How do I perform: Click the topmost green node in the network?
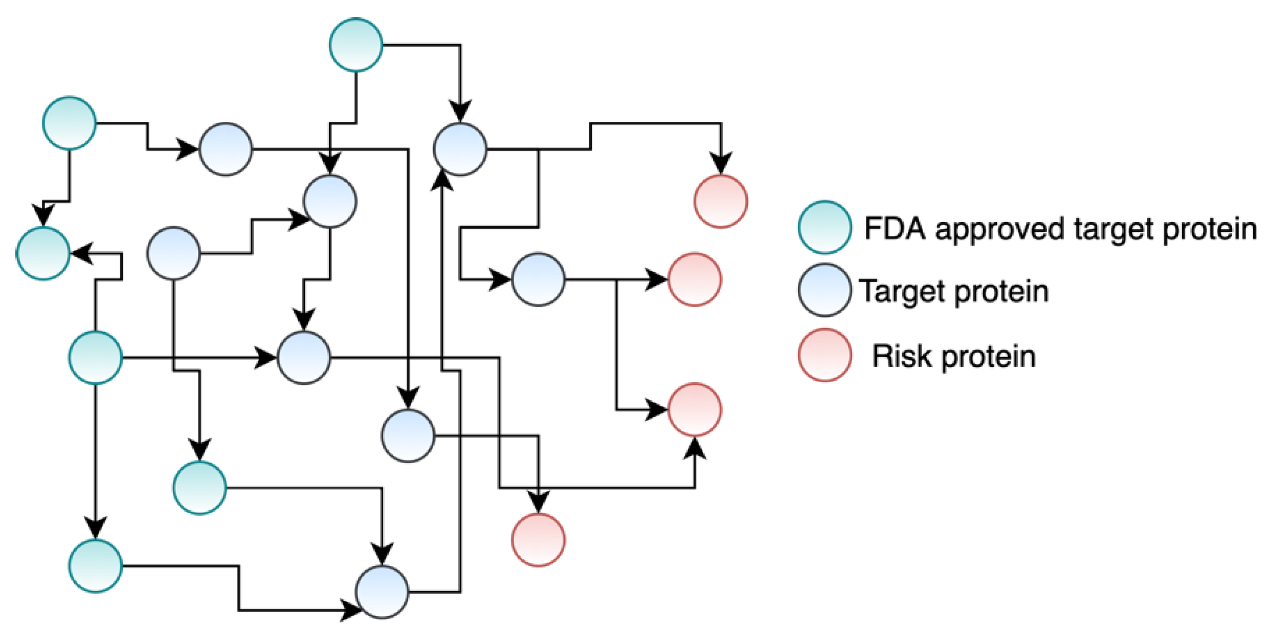coord(355,45)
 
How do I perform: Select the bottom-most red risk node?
coord(538,539)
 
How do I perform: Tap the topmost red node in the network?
coord(720,201)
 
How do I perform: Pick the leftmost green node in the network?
coord(43,253)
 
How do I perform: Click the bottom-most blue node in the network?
coord(382,592)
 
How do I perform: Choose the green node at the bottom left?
coord(95,565)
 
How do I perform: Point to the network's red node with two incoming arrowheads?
coord(695,409)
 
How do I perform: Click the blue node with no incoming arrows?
coord(173,253)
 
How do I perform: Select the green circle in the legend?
coord(824,227)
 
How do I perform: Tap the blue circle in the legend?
coord(824,290)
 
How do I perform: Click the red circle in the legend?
coord(824,355)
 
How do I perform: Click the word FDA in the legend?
coord(895,228)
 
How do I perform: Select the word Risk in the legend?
coord(901,356)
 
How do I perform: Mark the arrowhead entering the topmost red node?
coord(721,164)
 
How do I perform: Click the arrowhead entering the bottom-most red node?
coord(538,501)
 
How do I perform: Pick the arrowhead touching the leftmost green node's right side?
coord(82,253)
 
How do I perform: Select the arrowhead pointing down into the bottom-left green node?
coord(95,527)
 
